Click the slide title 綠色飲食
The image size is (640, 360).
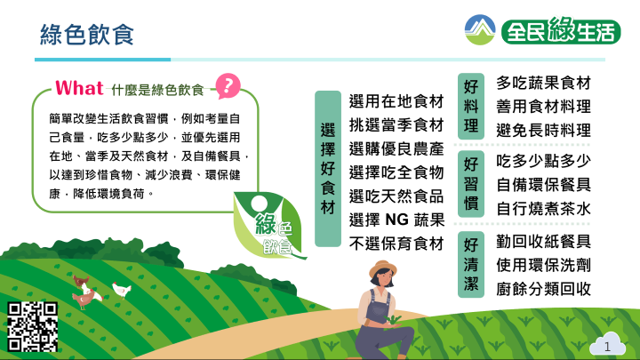coord(87,35)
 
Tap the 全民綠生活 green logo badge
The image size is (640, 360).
coord(561,30)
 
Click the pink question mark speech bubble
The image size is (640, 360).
coord(228,85)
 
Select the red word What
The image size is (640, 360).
coord(79,88)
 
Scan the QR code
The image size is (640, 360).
coord(32,326)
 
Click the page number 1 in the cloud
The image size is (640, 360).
coord(607,347)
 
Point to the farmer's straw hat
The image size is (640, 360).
coord(383,268)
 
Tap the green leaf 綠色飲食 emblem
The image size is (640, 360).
coord(268,225)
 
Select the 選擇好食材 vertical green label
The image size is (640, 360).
coord(328,169)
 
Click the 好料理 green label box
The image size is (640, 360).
coord(471,106)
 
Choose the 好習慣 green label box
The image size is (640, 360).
coord(471,184)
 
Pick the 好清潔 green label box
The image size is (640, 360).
coord(471,265)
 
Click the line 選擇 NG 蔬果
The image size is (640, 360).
coord(396,220)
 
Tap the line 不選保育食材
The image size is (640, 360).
coord(396,244)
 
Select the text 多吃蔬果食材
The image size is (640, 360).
coord(544,83)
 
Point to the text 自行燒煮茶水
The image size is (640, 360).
coord(544,209)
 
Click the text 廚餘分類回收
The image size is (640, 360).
coord(544,289)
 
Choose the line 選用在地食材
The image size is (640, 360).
coord(396,101)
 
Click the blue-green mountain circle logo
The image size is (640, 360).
coord(480,30)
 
